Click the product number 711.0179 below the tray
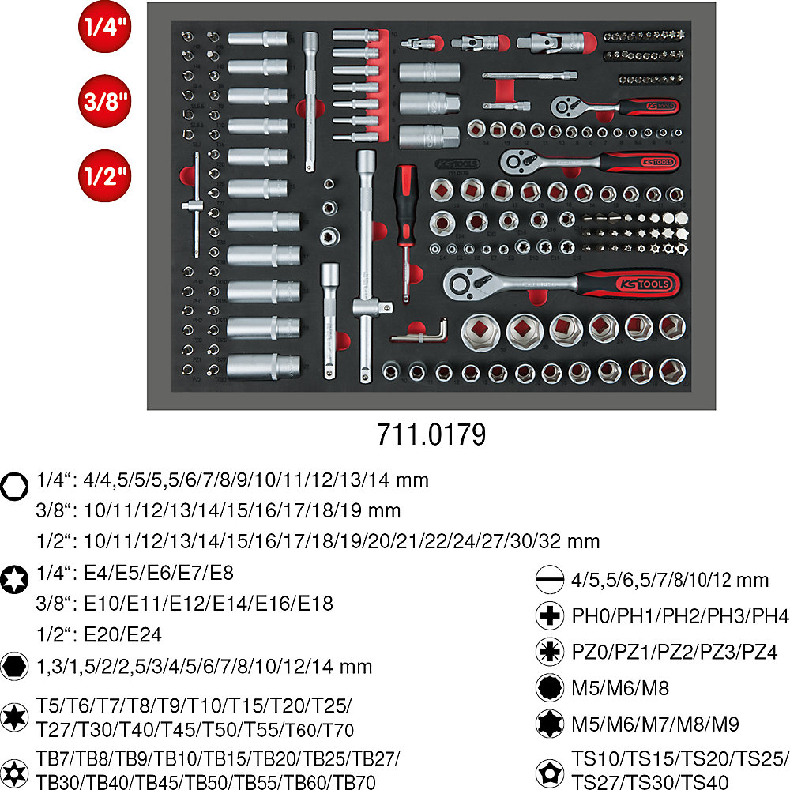[x=431, y=436]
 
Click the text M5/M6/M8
[x=620, y=688]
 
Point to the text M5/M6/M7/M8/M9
[x=655, y=724]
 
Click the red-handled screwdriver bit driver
[x=404, y=213]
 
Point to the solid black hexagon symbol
[x=14, y=665]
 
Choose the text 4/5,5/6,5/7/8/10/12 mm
[x=669, y=580]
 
